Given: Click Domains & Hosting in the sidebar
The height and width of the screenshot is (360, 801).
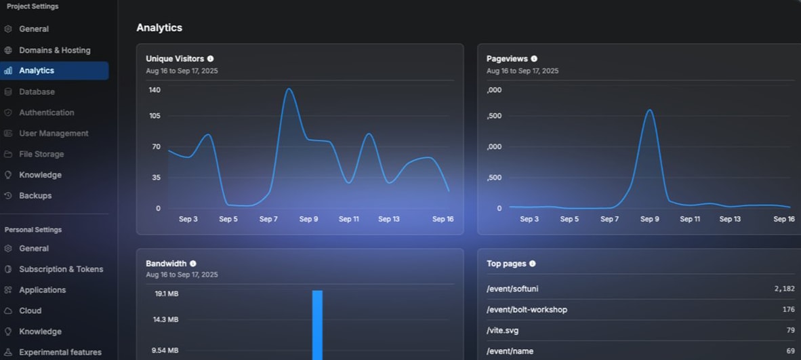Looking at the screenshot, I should pos(54,50).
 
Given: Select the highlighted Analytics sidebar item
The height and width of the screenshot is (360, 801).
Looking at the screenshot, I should pos(37,71).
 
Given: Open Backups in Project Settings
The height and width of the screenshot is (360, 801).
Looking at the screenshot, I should pos(35,196).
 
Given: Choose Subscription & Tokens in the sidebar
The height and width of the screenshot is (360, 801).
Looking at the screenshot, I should pos(61,269).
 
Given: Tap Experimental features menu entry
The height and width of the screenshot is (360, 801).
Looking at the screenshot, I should pos(60,353).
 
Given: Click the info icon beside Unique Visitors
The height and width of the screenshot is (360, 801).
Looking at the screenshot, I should pos(210,59).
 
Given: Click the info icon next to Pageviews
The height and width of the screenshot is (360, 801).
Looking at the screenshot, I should pos(534,59).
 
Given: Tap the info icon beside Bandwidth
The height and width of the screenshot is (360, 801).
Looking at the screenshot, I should pos(193,264).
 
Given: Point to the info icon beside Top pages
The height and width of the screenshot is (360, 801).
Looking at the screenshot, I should pos(532,264).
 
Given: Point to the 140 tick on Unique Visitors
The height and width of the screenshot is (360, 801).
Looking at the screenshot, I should pos(155,89).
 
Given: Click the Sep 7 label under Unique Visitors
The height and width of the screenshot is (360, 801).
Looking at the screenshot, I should pos(268,219).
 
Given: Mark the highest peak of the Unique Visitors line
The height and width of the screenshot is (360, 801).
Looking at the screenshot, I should pos(289,89).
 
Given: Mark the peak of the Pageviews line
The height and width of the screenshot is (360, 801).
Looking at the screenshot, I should pos(649,110).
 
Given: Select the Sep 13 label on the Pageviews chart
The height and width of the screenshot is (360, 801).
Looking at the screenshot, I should pos(730,219).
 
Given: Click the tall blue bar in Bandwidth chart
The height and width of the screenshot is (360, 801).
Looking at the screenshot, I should pos(317,325).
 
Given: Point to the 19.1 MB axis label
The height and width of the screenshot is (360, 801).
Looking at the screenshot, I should pos(166,294).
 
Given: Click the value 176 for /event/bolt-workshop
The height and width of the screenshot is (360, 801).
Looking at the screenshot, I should pos(788,310).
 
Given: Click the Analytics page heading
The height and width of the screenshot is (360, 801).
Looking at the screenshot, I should pos(159,28).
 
